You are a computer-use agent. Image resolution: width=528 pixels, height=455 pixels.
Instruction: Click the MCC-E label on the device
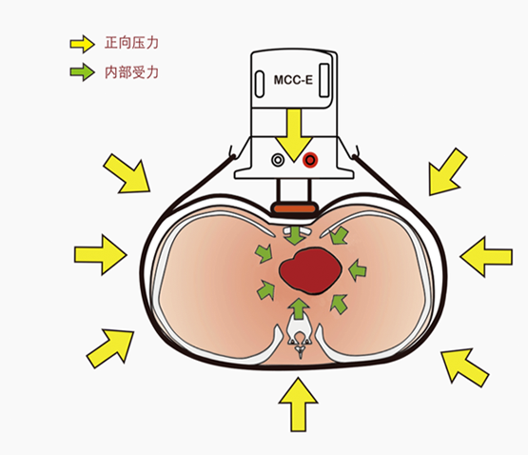(293, 80)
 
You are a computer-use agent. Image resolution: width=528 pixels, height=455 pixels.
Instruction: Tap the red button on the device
(310, 160)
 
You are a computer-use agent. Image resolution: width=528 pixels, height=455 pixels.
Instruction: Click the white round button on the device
(278, 160)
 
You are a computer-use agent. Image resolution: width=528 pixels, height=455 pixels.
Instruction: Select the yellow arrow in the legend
(82, 44)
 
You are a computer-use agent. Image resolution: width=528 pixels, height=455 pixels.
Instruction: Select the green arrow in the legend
(82, 71)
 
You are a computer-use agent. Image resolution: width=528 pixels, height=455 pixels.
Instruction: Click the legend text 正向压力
(131, 43)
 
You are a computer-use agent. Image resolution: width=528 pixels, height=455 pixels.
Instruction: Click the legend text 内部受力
(131, 72)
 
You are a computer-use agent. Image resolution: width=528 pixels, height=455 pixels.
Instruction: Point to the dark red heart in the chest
(310, 270)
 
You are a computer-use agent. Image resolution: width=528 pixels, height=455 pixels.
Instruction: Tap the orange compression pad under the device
(295, 208)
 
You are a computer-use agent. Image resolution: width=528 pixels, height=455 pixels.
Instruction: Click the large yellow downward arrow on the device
(294, 135)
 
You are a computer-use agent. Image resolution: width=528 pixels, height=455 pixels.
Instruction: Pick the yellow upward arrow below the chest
(298, 405)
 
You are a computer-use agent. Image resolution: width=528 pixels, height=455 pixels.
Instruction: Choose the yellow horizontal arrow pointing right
(101, 254)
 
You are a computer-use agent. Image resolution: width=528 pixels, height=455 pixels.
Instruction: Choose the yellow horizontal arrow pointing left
(486, 257)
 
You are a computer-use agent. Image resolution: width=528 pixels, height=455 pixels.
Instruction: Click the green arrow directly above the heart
(295, 235)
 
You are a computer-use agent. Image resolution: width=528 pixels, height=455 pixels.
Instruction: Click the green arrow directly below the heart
(299, 308)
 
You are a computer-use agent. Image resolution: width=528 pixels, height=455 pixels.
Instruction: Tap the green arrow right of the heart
(357, 269)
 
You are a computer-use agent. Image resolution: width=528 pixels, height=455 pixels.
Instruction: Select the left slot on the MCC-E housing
(260, 84)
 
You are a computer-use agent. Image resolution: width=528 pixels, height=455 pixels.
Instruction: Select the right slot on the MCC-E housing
(324, 80)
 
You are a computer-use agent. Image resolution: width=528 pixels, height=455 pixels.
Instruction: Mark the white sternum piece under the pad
(296, 231)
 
